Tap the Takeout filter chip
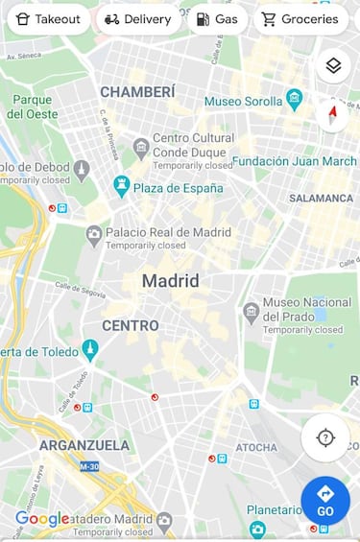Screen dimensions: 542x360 point(48,19)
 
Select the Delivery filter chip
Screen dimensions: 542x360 point(137,19)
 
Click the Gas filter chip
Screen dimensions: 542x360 point(216,19)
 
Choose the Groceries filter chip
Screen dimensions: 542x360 point(300,19)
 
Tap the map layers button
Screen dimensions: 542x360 point(333,65)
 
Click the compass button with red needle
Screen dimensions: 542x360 point(333,115)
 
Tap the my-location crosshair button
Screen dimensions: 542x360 point(325,438)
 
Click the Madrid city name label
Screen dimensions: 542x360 point(170,281)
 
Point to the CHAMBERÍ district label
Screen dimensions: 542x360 point(137,91)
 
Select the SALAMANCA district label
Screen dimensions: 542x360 point(321,199)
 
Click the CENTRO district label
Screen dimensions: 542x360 point(131,326)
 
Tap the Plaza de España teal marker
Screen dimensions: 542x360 point(121,184)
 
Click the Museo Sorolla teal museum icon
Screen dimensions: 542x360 point(295,100)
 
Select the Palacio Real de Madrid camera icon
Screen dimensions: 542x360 point(94,233)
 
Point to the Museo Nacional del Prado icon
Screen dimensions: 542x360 point(252,311)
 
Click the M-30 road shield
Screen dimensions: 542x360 point(89,466)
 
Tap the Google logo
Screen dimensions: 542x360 point(42,519)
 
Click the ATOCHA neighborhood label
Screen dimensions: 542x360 point(256,447)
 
